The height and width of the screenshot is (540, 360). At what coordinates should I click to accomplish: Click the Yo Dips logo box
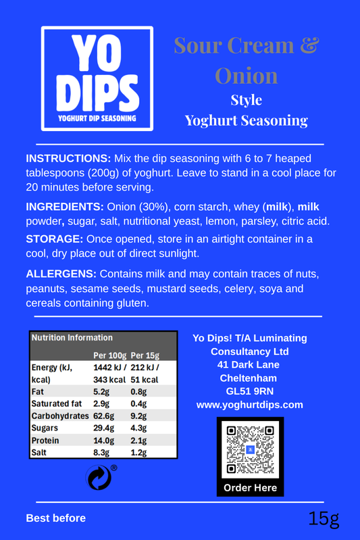pos(97,78)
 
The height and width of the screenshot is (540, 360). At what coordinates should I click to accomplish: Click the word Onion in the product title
pos(246,74)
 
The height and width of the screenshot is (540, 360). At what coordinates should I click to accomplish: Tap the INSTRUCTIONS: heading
pos(68,157)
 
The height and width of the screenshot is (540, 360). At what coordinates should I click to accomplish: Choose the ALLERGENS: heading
pos(61,274)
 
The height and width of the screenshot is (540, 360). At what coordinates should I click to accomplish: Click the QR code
pos(250,449)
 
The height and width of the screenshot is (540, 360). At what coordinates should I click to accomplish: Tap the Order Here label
pos(250,488)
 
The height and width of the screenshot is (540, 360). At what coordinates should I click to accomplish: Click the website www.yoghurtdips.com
pos(250,405)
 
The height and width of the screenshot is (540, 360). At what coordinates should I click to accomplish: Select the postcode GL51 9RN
pos(250,391)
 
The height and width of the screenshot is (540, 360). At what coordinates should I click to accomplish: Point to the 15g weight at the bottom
pos(324,519)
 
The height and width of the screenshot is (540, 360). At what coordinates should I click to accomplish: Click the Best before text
pos(56,518)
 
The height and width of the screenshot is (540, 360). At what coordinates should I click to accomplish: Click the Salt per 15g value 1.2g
pos(138,452)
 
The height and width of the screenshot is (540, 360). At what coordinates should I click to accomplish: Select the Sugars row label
pos(45,428)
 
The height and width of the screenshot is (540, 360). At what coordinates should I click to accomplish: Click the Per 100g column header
pos(109,355)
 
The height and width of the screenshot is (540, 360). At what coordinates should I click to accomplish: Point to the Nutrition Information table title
pos(72,337)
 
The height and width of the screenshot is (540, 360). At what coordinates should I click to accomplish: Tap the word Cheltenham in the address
pos(250,378)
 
